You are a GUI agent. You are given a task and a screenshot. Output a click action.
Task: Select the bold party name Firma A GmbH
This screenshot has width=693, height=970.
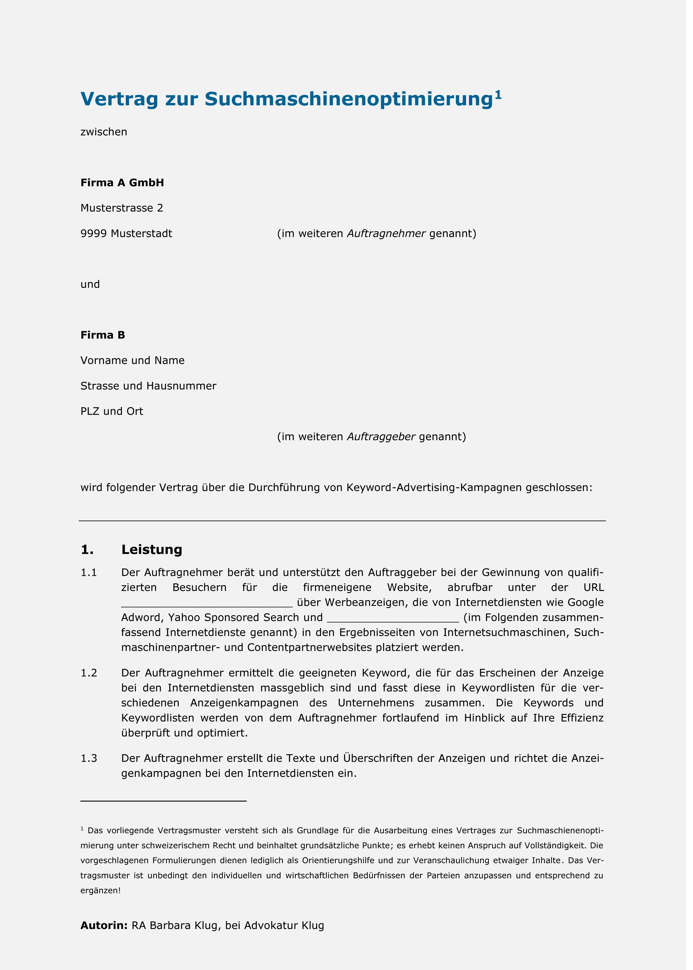pos(122,183)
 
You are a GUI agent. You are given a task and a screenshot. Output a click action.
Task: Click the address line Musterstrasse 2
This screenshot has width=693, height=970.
pos(122,208)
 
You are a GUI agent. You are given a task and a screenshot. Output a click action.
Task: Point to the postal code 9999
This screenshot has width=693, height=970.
pos(94,234)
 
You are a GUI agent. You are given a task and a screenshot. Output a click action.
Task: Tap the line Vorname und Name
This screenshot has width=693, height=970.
pos(132,361)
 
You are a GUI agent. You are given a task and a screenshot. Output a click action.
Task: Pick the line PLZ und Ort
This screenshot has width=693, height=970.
pos(112,411)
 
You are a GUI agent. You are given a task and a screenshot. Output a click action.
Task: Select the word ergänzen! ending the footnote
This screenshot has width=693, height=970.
pos(101,891)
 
